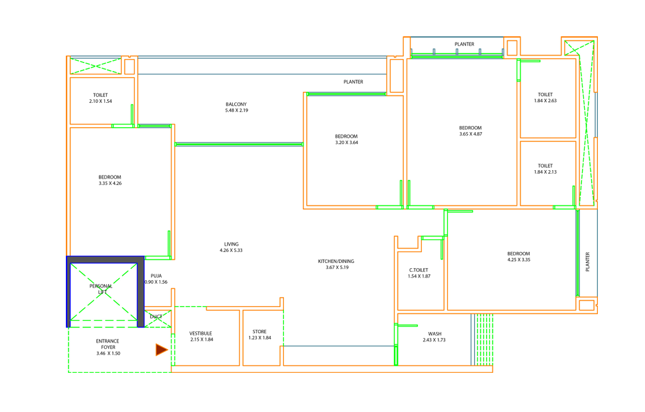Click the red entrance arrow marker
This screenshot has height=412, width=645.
pos(161,350)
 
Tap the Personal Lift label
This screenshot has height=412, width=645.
pos(101,289)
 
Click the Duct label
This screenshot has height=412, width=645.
pos(156,316)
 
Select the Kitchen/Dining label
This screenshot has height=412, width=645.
pos(336,261)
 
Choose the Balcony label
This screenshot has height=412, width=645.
pos(236,104)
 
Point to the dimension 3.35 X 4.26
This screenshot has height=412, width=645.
pos(110,183)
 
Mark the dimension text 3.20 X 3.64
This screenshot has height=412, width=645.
pos(346,142)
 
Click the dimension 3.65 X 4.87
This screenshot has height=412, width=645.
pos(471,134)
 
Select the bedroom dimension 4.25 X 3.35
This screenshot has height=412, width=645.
pos(519,260)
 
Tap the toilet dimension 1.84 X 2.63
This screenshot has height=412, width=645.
pos(546,101)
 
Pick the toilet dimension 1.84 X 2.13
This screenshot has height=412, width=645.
pos(546,172)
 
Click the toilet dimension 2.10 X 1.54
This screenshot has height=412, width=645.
pos(100,101)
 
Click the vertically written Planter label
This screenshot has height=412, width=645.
pos(588,262)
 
